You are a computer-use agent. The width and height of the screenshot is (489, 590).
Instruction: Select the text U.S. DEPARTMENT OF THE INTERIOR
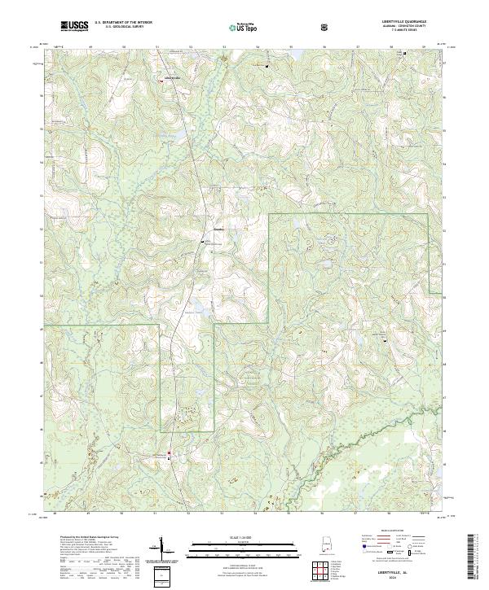pyautogui.click(x=123, y=23)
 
